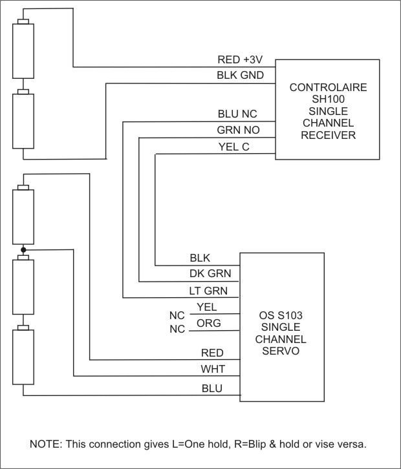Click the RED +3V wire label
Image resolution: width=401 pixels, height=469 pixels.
(240, 60)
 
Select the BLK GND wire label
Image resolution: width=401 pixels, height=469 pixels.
(240, 76)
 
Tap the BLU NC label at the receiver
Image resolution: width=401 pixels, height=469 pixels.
(239, 114)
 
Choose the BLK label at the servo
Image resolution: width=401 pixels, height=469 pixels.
(200, 258)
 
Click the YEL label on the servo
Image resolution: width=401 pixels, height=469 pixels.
(206, 307)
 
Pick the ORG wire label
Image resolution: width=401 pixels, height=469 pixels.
(208, 322)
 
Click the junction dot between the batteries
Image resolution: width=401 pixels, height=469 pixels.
(23, 249)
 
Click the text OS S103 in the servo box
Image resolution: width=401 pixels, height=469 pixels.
(280, 316)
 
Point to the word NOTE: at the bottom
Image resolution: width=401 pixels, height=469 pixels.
(45, 444)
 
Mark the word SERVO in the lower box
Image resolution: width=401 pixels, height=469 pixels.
(280, 351)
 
